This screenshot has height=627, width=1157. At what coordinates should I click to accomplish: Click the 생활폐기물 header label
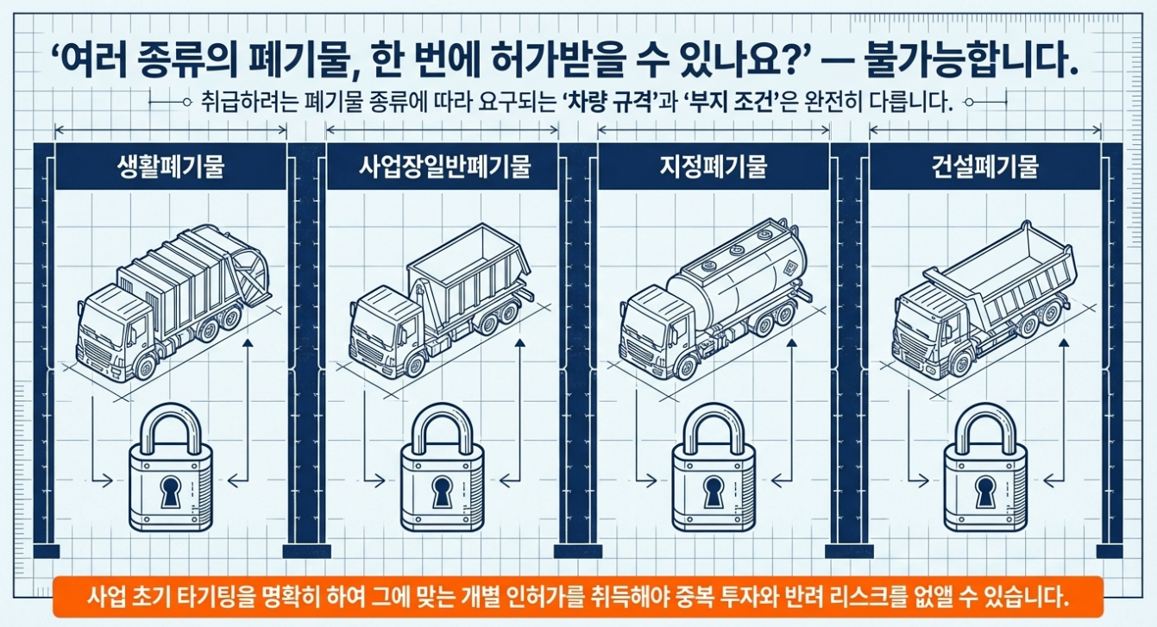[x=170, y=166]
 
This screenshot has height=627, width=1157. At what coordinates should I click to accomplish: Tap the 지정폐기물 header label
[x=714, y=166]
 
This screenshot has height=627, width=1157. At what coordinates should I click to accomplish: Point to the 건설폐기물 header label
[x=985, y=166]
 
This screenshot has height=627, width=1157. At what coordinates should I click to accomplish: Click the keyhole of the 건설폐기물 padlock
[x=984, y=492]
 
